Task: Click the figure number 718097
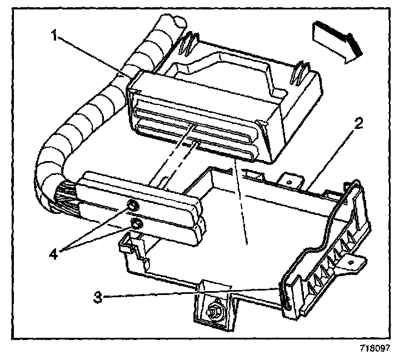click(375, 349)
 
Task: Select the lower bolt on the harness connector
click(135, 224)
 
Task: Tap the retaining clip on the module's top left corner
click(189, 43)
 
